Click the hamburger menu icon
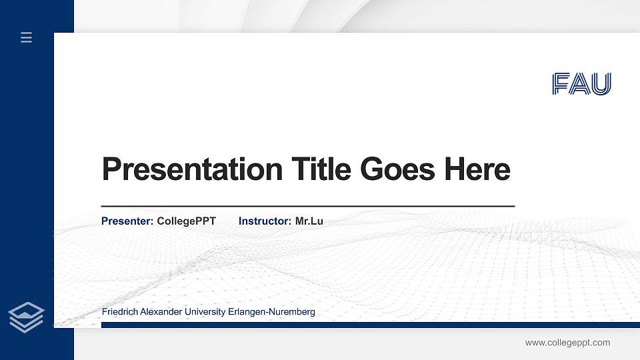(x=27, y=37)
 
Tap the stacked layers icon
(x=27, y=317)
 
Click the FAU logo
(x=581, y=84)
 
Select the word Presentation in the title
(x=192, y=169)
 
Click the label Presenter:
(x=127, y=221)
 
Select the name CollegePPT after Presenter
(x=186, y=221)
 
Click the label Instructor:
(x=265, y=221)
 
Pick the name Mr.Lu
(x=309, y=221)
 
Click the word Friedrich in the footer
(x=121, y=312)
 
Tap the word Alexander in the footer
(x=164, y=312)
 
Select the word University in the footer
(x=209, y=312)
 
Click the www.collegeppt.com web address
(x=567, y=343)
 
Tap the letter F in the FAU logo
(x=561, y=84)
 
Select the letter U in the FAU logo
(x=601, y=84)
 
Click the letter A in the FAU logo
(x=581, y=84)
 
